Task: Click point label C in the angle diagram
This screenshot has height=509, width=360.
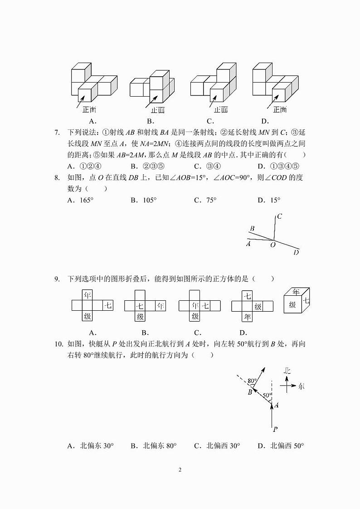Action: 280,216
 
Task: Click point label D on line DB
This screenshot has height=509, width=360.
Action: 296,252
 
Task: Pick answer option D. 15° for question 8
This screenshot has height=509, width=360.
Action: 269,200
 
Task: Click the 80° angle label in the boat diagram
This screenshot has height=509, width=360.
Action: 253,380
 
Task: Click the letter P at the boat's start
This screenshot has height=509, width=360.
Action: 275,429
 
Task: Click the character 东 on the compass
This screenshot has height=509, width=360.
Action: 302,387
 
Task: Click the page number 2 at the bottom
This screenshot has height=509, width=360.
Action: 180,470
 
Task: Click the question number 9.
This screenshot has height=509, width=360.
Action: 57,279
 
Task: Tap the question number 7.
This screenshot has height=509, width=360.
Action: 57,132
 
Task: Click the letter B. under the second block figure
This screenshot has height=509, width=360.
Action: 151,121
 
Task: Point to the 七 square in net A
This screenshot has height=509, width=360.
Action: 108,306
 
